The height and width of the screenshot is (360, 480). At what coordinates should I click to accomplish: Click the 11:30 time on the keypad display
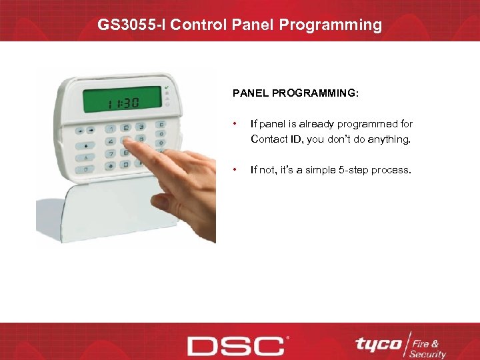121,104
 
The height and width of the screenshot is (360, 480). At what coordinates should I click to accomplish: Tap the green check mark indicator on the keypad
166,88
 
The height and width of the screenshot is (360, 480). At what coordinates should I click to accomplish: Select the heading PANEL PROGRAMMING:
295,94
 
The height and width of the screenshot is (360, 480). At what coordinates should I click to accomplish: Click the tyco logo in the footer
378,344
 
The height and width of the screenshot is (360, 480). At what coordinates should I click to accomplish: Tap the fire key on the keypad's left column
86,145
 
